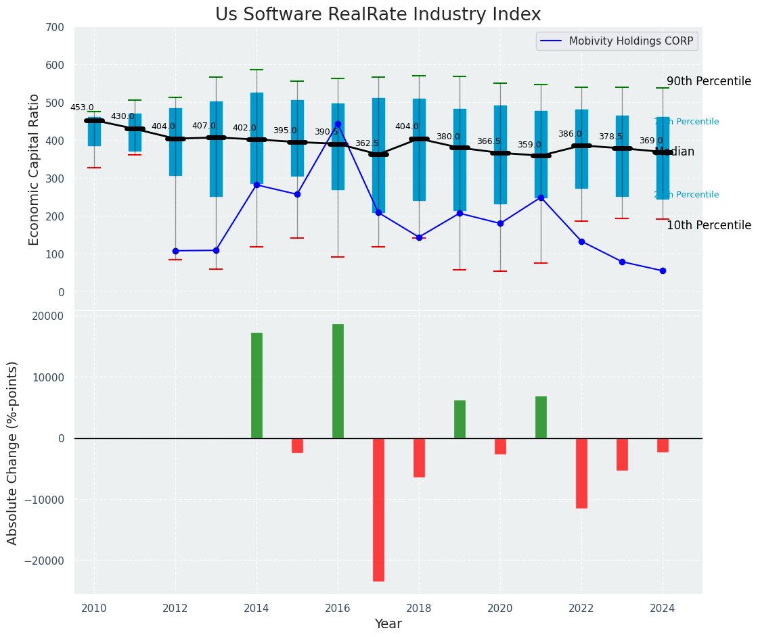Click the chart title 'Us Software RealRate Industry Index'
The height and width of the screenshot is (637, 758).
pyautogui.click(x=378, y=15)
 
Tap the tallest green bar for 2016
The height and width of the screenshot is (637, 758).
pyautogui.click(x=338, y=381)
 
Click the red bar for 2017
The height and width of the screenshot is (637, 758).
pyautogui.click(x=378, y=509)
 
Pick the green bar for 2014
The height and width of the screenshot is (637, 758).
pyautogui.click(x=257, y=385)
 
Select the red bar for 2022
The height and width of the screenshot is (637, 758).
pyautogui.click(x=581, y=473)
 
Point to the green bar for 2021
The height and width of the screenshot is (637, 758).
pyautogui.click(x=541, y=417)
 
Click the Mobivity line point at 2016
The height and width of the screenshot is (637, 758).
pyautogui.click(x=338, y=124)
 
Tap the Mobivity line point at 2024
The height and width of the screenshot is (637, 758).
pyautogui.click(x=663, y=270)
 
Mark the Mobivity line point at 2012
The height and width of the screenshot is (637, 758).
pyautogui.click(x=175, y=251)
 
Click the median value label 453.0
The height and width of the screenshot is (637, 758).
pyautogui.click(x=82, y=108)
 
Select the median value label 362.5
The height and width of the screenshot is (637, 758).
pyautogui.click(x=367, y=143)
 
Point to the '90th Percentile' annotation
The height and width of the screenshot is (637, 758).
pyautogui.click(x=709, y=81)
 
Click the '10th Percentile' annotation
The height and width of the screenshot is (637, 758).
pyautogui.click(x=709, y=225)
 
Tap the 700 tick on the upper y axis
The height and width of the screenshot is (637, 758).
pyautogui.click(x=55, y=28)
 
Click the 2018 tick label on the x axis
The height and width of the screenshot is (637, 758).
pyautogui.click(x=419, y=608)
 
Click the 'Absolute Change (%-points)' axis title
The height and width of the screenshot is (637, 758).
pyautogui.click(x=13, y=452)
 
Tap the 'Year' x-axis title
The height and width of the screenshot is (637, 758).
pyautogui.click(x=388, y=624)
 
